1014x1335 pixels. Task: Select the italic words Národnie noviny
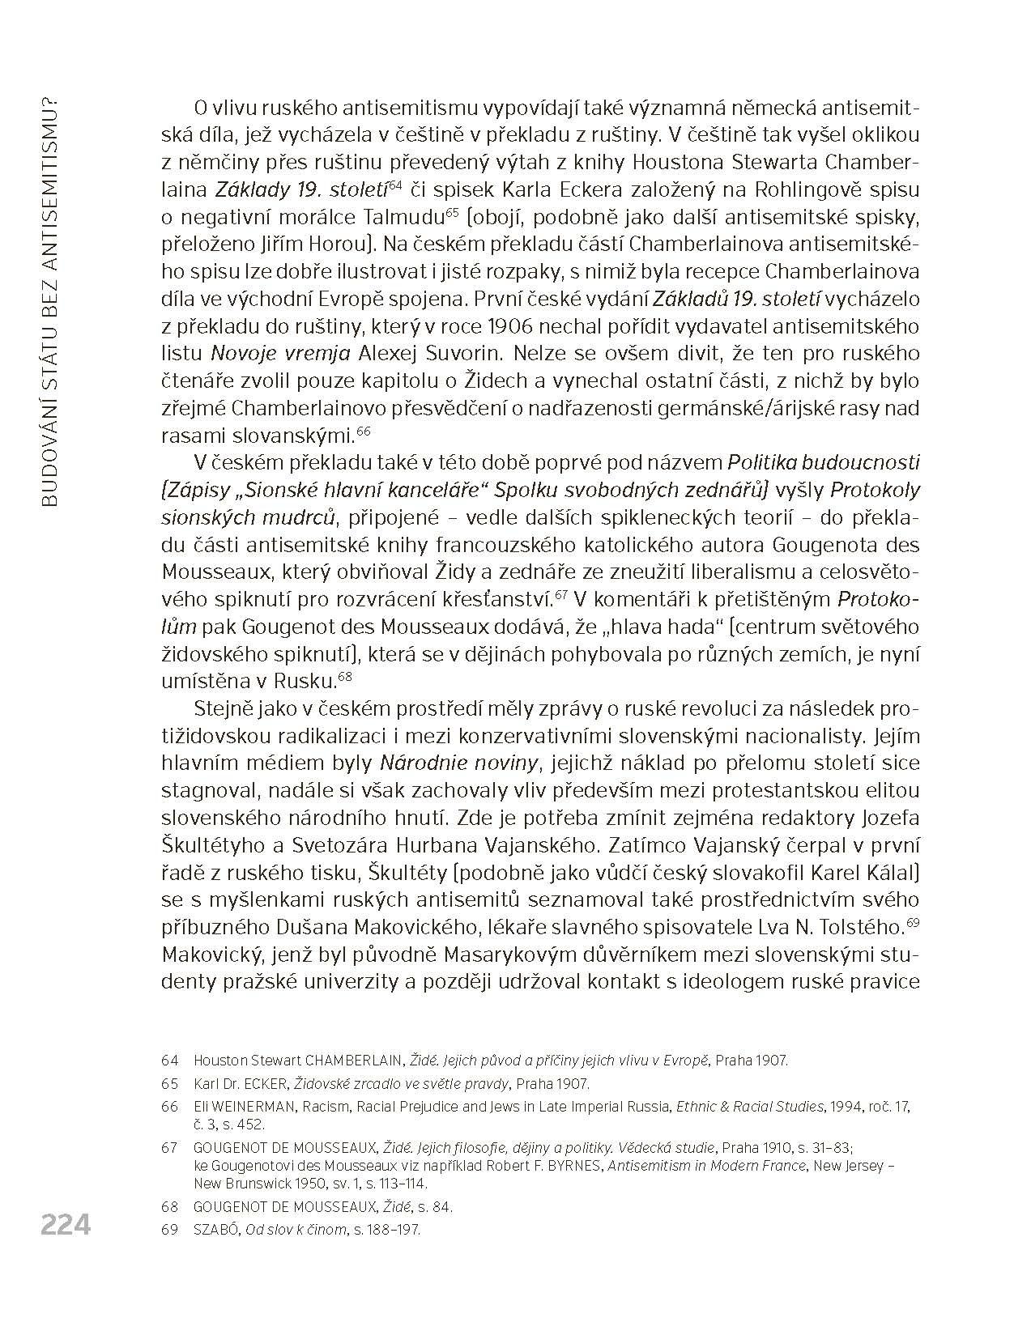[459, 763]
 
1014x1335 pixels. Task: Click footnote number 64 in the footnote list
[169, 1061]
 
